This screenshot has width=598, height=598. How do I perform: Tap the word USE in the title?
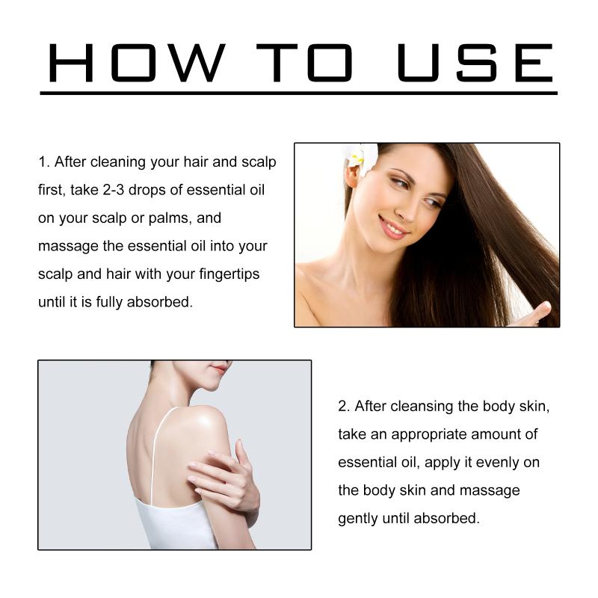pyautogui.click(x=475, y=63)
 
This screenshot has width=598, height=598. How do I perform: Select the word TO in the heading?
pyautogui.click(x=304, y=63)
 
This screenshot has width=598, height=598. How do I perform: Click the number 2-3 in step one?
pyautogui.click(x=114, y=190)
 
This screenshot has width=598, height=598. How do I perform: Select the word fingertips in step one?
pyautogui.click(x=229, y=274)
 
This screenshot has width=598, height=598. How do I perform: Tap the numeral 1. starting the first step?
pyautogui.click(x=44, y=161)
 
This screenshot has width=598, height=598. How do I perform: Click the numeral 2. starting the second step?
pyautogui.click(x=344, y=406)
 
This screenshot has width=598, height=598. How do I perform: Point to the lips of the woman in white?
pyautogui.click(x=220, y=369)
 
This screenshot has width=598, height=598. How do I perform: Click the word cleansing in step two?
pyautogui.click(x=422, y=407)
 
